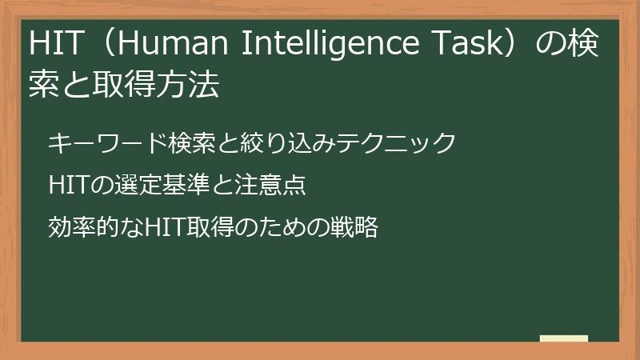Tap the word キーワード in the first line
(x=97, y=143)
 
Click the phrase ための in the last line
(x=276, y=228)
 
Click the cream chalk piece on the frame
(x=564, y=339)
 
